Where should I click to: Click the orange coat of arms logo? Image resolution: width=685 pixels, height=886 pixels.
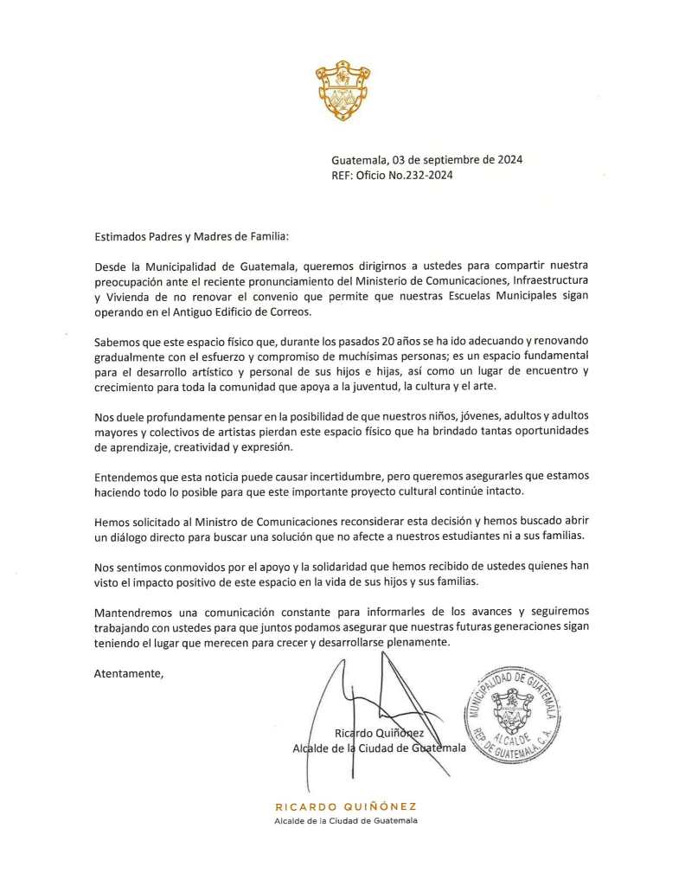(342, 91)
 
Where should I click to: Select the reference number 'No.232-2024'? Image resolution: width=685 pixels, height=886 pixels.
(423, 175)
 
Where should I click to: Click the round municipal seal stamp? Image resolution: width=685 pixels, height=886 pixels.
(514, 715)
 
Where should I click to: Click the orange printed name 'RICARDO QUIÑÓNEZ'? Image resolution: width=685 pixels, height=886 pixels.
(345, 806)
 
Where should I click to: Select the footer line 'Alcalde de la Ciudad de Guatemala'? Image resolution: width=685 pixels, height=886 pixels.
(345, 820)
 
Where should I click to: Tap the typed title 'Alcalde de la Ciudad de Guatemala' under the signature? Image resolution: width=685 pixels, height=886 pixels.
(379, 748)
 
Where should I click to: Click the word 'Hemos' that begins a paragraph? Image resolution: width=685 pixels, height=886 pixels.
(112, 522)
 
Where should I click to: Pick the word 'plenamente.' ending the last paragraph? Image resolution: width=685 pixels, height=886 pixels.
(420, 644)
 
